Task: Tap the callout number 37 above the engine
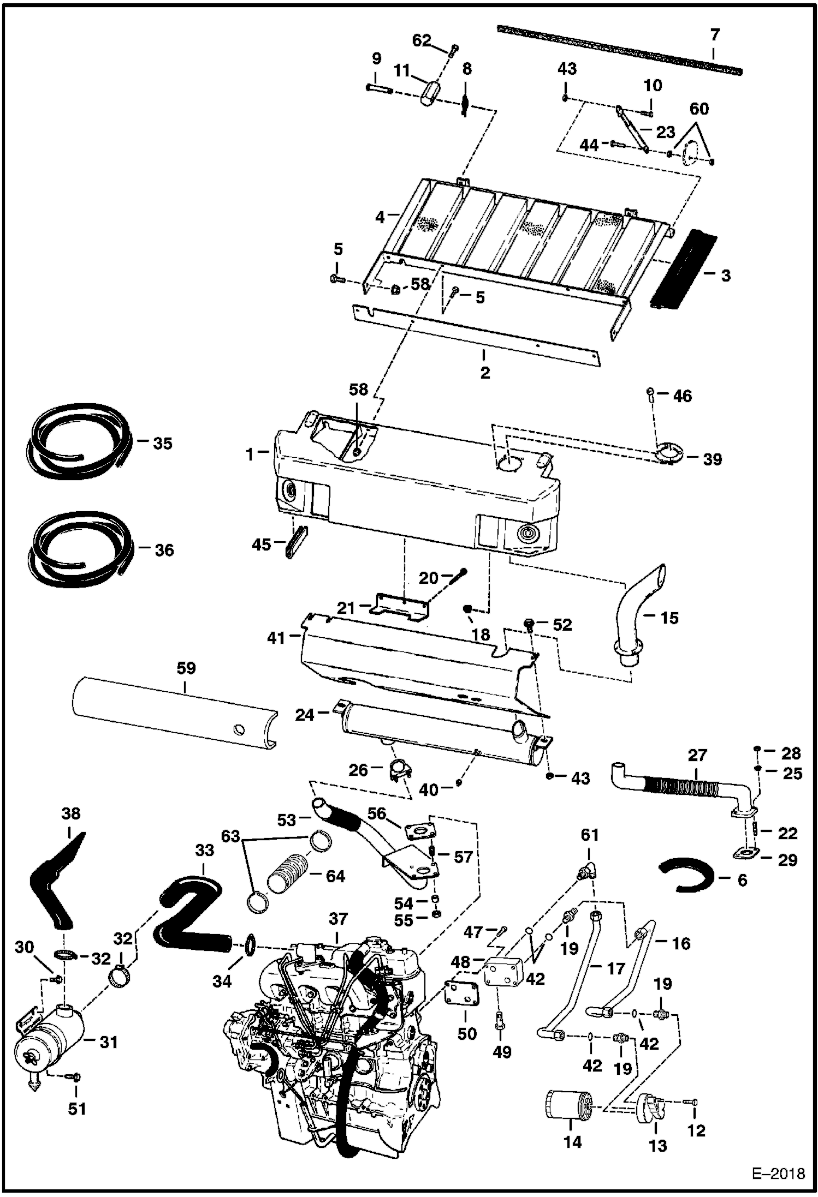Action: tap(338, 919)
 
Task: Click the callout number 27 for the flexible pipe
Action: tap(697, 755)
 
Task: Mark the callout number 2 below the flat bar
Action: tap(485, 373)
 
